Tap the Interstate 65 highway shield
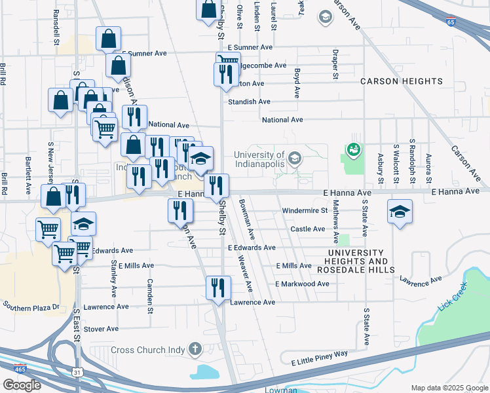coord(451,22)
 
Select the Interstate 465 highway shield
coord(20,369)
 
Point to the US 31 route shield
coord(77,373)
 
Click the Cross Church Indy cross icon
coord(195,349)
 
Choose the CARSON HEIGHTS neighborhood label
coord(401,81)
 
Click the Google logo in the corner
coord(22,384)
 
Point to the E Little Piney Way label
coord(314,354)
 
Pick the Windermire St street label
coord(304,211)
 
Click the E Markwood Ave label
coord(302,284)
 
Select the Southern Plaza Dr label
coord(31,306)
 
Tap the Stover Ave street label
coord(101,328)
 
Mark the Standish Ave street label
coord(249,102)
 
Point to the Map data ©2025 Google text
coord(449,388)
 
